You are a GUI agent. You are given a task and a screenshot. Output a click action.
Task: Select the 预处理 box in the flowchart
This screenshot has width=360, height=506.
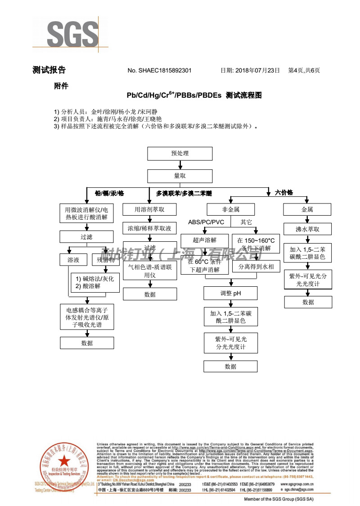(180, 154)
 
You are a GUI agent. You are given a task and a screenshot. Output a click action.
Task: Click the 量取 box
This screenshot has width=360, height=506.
(180, 176)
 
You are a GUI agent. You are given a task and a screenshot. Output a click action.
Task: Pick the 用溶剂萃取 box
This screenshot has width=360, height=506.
(149, 210)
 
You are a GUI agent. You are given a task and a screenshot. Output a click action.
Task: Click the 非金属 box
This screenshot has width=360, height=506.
(230, 210)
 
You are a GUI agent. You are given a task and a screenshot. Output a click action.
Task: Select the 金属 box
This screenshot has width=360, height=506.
(307, 210)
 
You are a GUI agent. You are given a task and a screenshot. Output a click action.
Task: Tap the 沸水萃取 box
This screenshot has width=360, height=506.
(307, 229)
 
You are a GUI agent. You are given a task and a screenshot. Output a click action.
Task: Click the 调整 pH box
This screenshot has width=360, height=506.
(231, 294)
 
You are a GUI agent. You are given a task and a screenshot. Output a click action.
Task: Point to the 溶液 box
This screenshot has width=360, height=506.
(73, 260)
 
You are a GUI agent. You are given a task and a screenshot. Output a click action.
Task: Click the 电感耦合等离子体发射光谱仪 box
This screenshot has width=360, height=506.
(87, 317)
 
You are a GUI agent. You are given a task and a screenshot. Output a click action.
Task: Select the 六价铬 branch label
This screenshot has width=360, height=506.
(284, 193)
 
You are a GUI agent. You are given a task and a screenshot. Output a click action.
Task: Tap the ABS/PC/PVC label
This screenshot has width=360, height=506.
(206, 222)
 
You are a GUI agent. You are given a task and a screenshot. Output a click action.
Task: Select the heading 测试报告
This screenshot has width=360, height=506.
(49, 70)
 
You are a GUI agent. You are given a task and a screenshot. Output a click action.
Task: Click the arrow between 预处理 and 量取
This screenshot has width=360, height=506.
(180, 165)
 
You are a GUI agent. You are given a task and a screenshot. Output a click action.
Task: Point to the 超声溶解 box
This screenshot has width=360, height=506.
(205, 240)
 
